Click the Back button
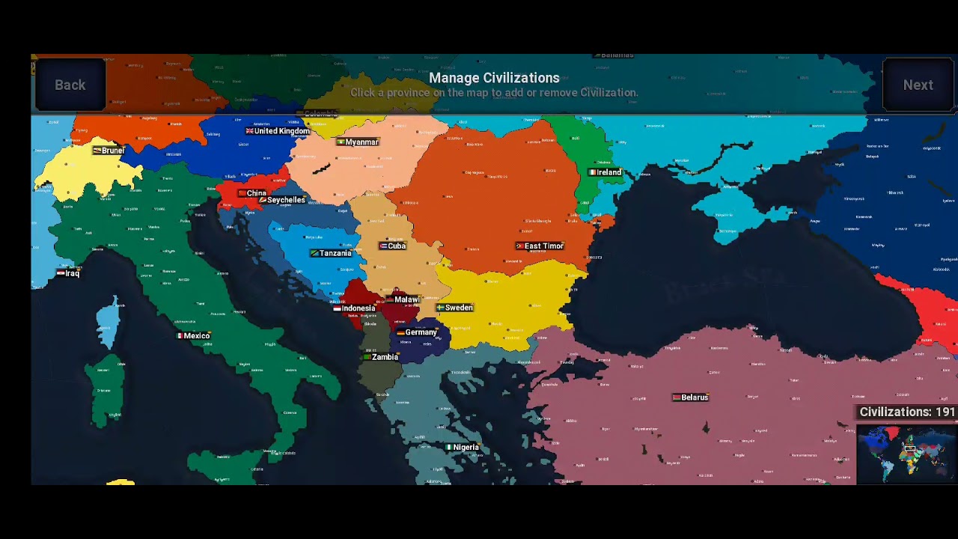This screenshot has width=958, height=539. (x=70, y=85)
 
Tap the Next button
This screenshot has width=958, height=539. (x=918, y=85)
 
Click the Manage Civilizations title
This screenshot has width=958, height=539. (x=494, y=78)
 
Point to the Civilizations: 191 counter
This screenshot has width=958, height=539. (x=906, y=412)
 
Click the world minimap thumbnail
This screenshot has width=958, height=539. (x=906, y=454)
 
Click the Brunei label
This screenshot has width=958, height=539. (x=109, y=150)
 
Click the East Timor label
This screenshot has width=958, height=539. (x=540, y=246)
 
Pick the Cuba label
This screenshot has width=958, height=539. (x=393, y=246)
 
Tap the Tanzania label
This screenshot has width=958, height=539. (x=331, y=254)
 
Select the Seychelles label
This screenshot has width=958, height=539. (x=282, y=201)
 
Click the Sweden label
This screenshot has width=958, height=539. (x=455, y=308)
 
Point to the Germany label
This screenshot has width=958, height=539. (x=417, y=332)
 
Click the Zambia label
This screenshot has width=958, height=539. (x=381, y=357)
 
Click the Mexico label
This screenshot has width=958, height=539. (x=193, y=336)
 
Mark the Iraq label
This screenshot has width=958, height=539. (x=68, y=274)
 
